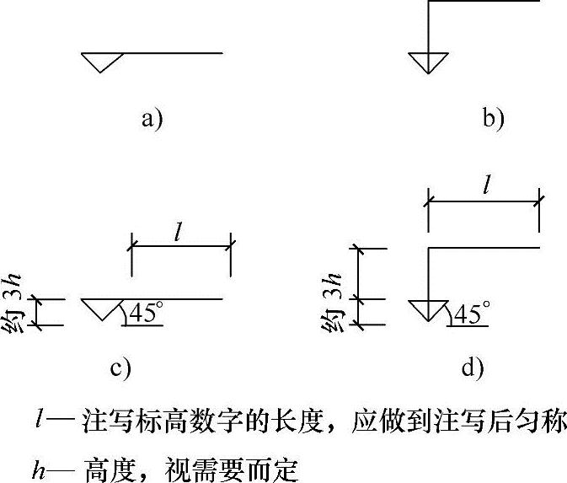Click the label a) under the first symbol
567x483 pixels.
click(x=151, y=119)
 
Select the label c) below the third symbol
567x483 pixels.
click(x=120, y=367)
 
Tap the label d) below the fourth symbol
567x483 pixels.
click(x=472, y=367)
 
